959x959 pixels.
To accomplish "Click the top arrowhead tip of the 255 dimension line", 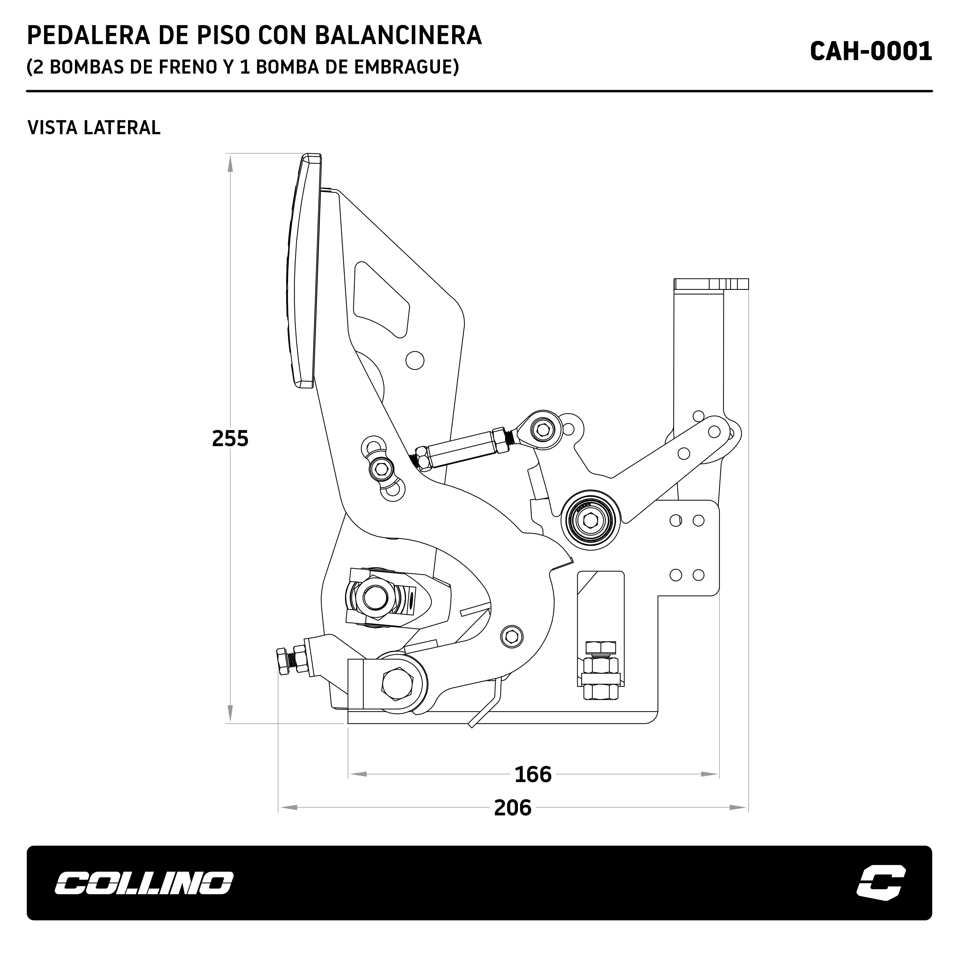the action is coord(230,154).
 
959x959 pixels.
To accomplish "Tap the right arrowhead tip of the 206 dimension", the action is coord(748,808).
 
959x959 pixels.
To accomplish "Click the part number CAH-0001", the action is coord(871,51).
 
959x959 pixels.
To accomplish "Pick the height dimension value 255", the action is coord(230,439).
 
